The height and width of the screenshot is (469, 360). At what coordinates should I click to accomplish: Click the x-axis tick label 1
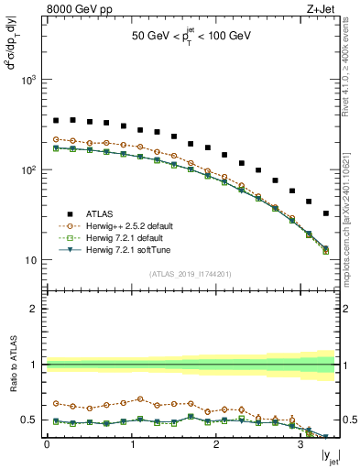[x=130, y=446]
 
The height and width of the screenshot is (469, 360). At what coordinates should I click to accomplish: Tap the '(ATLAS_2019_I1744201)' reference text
[x=191, y=273]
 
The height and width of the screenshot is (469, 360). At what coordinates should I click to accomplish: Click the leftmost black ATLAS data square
[x=56, y=120]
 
